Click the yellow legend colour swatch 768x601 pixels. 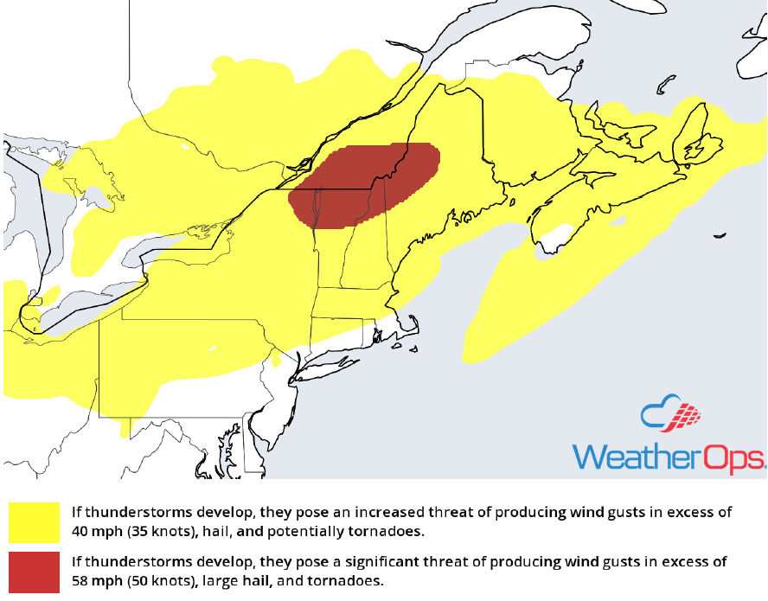coord(35,521)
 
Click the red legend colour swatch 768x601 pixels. coord(35,571)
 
